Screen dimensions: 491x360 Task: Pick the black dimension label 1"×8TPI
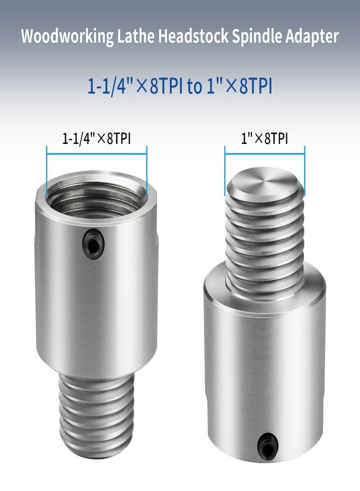pos(265,139)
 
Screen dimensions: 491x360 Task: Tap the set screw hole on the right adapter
pos(266,440)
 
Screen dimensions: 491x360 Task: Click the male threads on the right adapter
pos(265,245)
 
